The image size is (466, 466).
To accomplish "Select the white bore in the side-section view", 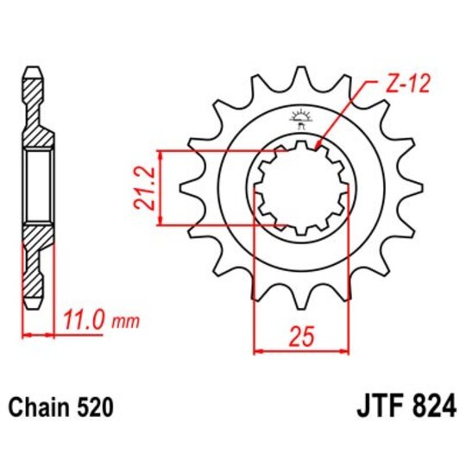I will click(x=36, y=188).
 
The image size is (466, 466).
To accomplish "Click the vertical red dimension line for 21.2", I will click(x=160, y=188).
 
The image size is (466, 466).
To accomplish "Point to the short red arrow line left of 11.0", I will click(x=37, y=332).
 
